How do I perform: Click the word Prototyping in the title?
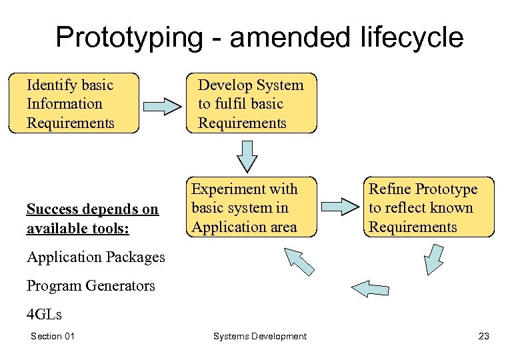(x=127, y=37)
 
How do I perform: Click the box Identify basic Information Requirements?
(x=74, y=104)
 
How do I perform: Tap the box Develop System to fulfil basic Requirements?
(x=251, y=104)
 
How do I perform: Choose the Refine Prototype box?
(x=429, y=207)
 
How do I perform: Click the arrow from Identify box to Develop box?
(x=162, y=105)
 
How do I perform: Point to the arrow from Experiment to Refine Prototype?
(x=340, y=206)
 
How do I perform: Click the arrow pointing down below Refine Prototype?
(x=434, y=259)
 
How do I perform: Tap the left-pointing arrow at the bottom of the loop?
(x=369, y=288)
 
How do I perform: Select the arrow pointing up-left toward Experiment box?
(x=299, y=261)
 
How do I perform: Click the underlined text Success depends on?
(x=92, y=209)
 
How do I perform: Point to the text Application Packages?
(x=95, y=257)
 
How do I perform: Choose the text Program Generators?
(x=91, y=285)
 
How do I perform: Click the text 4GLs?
(x=44, y=314)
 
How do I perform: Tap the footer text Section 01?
(x=53, y=336)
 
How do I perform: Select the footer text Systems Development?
(x=260, y=336)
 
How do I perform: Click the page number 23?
(x=483, y=336)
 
